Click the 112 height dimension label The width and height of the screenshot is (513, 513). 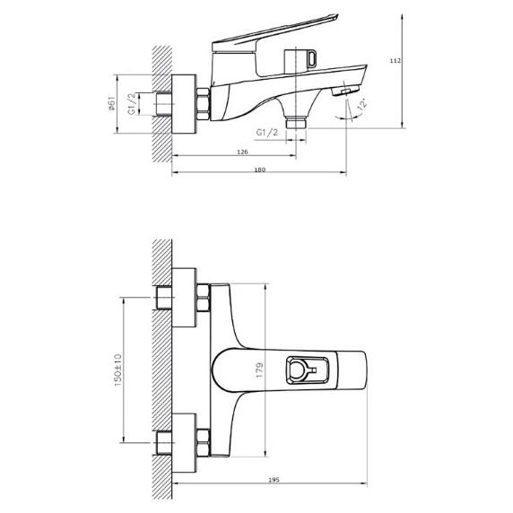[x=396, y=60]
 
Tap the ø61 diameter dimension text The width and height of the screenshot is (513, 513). [x=112, y=103]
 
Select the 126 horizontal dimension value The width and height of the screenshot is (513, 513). [x=242, y=152]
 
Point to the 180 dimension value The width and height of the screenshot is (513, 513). [x=260, y=170]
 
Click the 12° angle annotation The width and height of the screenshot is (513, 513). [x=363, y=104]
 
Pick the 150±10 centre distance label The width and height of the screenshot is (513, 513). [x=117, y=370]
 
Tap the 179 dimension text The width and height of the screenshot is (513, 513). [x=259, y=370]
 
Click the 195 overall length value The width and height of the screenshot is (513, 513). [x=274, y=480]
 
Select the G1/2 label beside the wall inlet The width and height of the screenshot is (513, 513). [x=131, y=103]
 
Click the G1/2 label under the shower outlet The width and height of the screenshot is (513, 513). [x=267, y=132]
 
